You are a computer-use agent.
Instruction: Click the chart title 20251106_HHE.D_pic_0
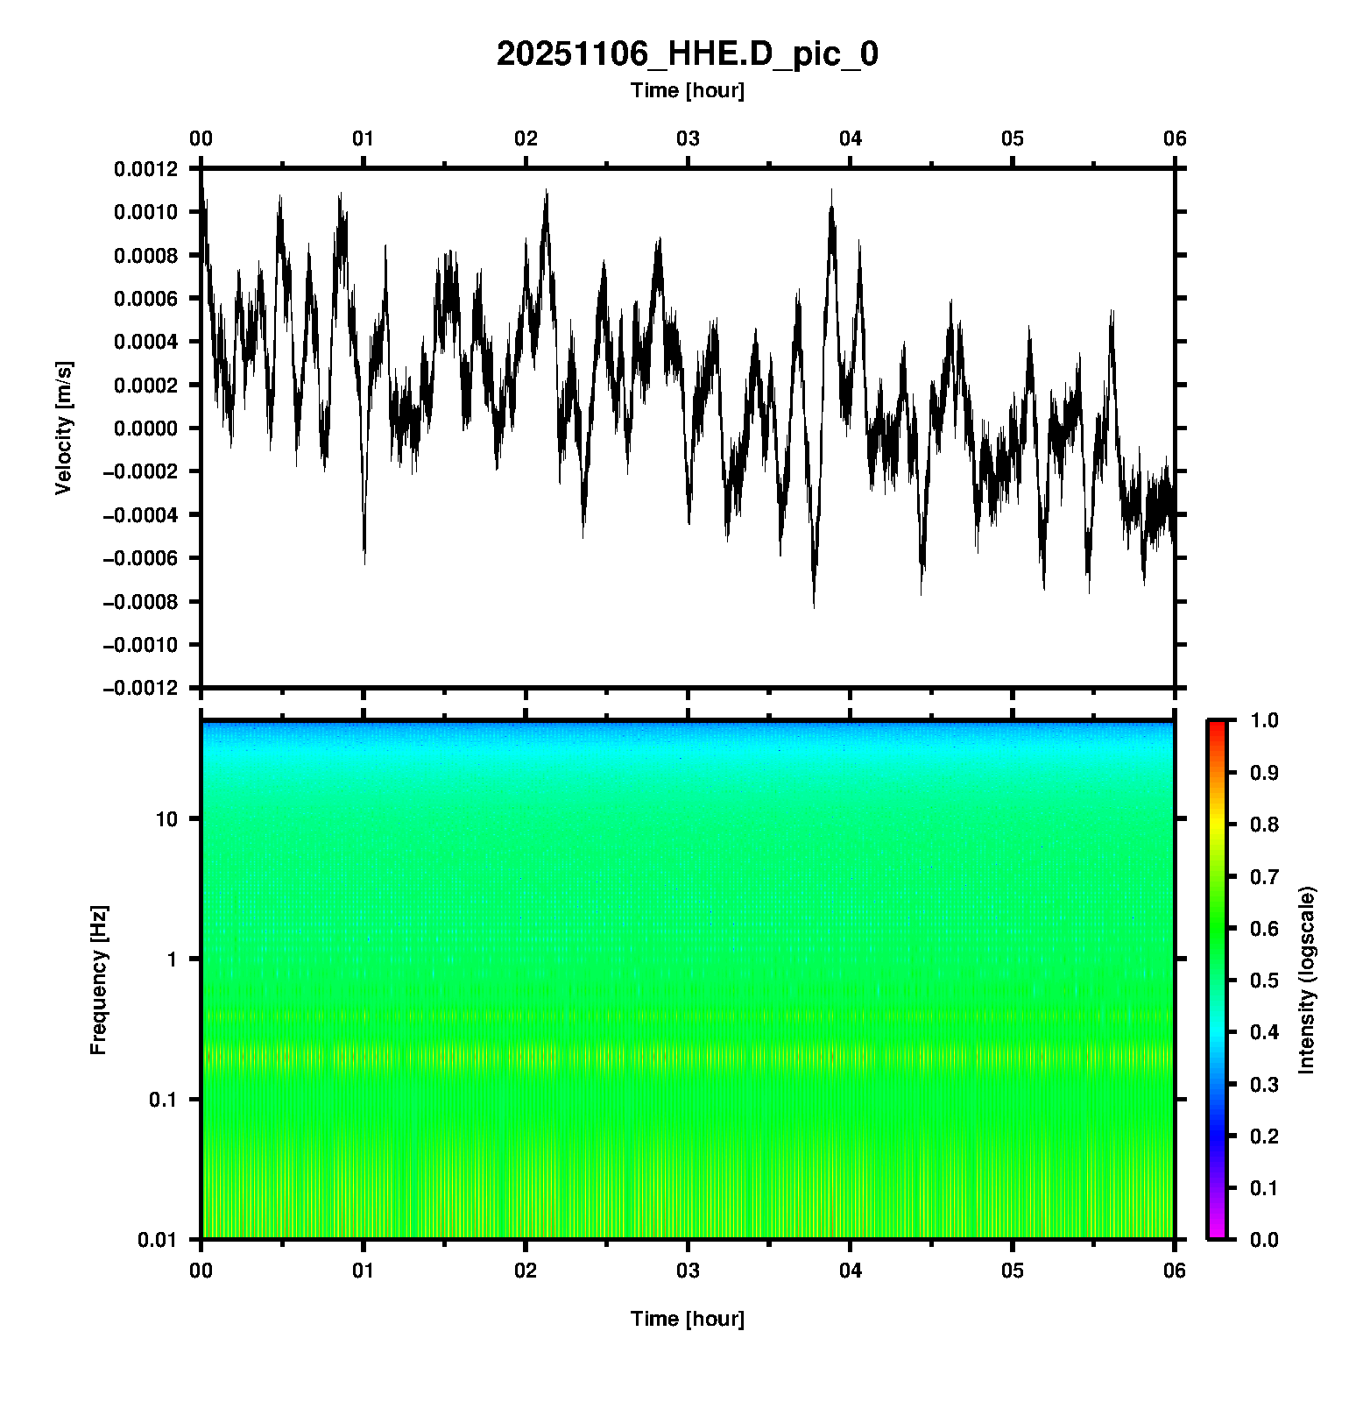[x=687, y=54]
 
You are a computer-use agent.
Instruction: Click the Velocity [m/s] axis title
[x=63, y=428]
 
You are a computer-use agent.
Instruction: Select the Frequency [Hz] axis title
[x=98, y=980]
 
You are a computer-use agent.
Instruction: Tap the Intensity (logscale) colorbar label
[x=1307, y=980]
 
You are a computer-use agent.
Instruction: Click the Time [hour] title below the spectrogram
[x=687, y=1319]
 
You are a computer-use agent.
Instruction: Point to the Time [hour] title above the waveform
[x=687, y=90]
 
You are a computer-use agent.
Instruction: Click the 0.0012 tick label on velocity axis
[x=145, y=169]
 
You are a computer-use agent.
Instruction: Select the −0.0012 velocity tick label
[x=140, y=688]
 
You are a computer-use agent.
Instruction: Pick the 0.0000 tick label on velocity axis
[x=145, y=428]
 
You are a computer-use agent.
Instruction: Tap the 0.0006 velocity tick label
[x=145, y=299]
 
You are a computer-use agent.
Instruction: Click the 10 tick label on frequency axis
[x=166, y=819]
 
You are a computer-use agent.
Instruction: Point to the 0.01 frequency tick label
[x=158, y=1239]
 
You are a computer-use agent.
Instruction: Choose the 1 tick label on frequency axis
[x=172, y=959]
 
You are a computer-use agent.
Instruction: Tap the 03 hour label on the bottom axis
[x=688, y=1271]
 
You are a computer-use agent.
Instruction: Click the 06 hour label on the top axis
[x=1175, y=138]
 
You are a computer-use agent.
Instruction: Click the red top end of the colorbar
[x=1217, y=726]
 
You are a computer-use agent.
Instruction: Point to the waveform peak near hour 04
[x=831, y=191]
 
